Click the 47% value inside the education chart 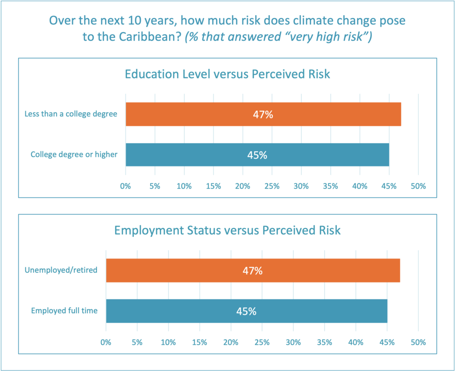[x=263, y=114]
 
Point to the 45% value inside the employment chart [x=246, y=311]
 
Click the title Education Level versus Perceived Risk [x=227, y=74]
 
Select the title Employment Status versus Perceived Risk [x=227, y=230]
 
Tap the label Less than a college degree [x=71, y=114]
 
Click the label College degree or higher [x=74, y=155]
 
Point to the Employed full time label [x=64, y=311]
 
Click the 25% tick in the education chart [x=272, y=186]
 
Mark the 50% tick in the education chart [x=418, y=186]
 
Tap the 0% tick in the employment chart [x=106, y=343]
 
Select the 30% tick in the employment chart [x=293, y=343]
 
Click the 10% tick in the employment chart [x=168, y=343]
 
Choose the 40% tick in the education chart [x=360, y=186]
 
